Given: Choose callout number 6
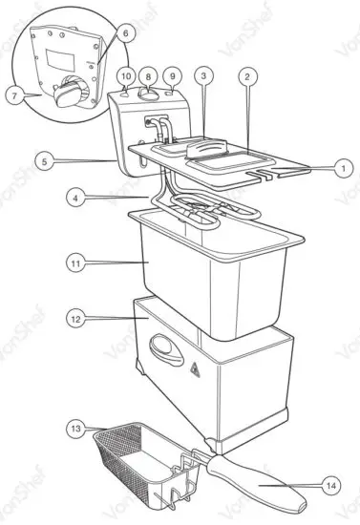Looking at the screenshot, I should pyautogui.click(x=126, y=32).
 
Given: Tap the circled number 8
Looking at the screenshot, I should pyautogui.click(x=148, y=75).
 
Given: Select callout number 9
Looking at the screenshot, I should pyautogui.click(x=172, y=75).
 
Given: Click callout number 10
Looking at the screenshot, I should pyautogui.click(x=125, y=75).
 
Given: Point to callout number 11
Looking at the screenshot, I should pyautogui.click(x=75, y=260).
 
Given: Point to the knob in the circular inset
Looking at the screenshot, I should pyautogui.click(x=70, y=94).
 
